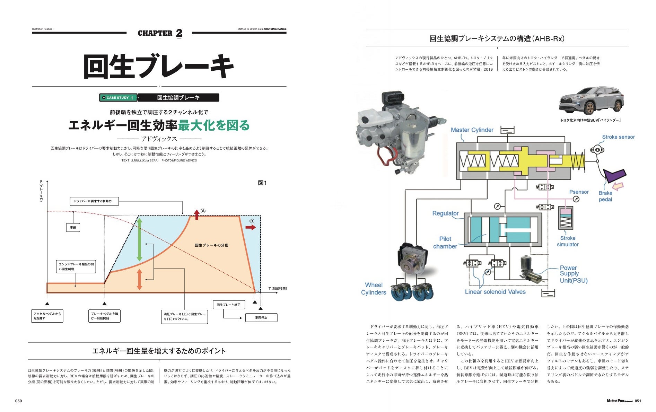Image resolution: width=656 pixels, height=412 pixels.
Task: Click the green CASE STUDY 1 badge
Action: pyautogui.click(x=118, y=98)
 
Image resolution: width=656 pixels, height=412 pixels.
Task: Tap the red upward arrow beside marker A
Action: pyautogui.click(x=196, y=215)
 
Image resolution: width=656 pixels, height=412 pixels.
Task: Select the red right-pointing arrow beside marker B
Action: pyautogui.click(x=250, y=227)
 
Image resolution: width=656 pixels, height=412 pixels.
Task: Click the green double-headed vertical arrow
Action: pyautogui.click(x=139, y=239)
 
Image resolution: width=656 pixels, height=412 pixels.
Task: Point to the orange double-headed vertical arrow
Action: pyautogui.click(x=139, y=279)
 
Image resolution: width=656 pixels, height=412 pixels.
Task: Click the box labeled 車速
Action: pyautogui.click(x=73, y=228)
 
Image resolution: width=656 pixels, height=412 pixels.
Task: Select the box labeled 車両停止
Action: pyautogui.click(x=261, y=317)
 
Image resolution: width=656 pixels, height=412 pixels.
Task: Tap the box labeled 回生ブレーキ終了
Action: pyautogui.click(x=228, y=305)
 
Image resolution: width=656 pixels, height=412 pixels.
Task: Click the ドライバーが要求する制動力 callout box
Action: pyautogui.click(x=94, y=201)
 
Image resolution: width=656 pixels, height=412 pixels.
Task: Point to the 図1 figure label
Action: pyautogui.click(x=262, y=183)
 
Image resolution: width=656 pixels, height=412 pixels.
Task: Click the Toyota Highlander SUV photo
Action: pyautogui.click(x=591, y=100)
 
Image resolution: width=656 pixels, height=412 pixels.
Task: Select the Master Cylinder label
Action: pyautogui.click(x=472, y=130)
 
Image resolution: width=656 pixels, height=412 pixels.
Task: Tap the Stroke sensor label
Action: pyautogui.click(x=618, y=137)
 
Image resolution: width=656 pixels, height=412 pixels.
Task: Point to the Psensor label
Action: pyautogui.click(x=579, y=192)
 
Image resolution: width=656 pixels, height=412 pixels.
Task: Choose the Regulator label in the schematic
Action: pyautogui.click(x=445, y=213)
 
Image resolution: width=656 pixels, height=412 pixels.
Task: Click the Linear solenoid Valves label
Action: pyautogui.click(x=495, y=292)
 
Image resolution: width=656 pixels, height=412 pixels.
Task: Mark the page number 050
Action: pyautogui.click(x=18, y=401)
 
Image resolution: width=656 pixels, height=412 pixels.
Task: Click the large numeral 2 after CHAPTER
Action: pyautogui.click(x=179, y=33)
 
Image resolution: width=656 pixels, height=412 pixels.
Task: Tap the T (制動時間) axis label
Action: pyautogui.click(x=278, y=288)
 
